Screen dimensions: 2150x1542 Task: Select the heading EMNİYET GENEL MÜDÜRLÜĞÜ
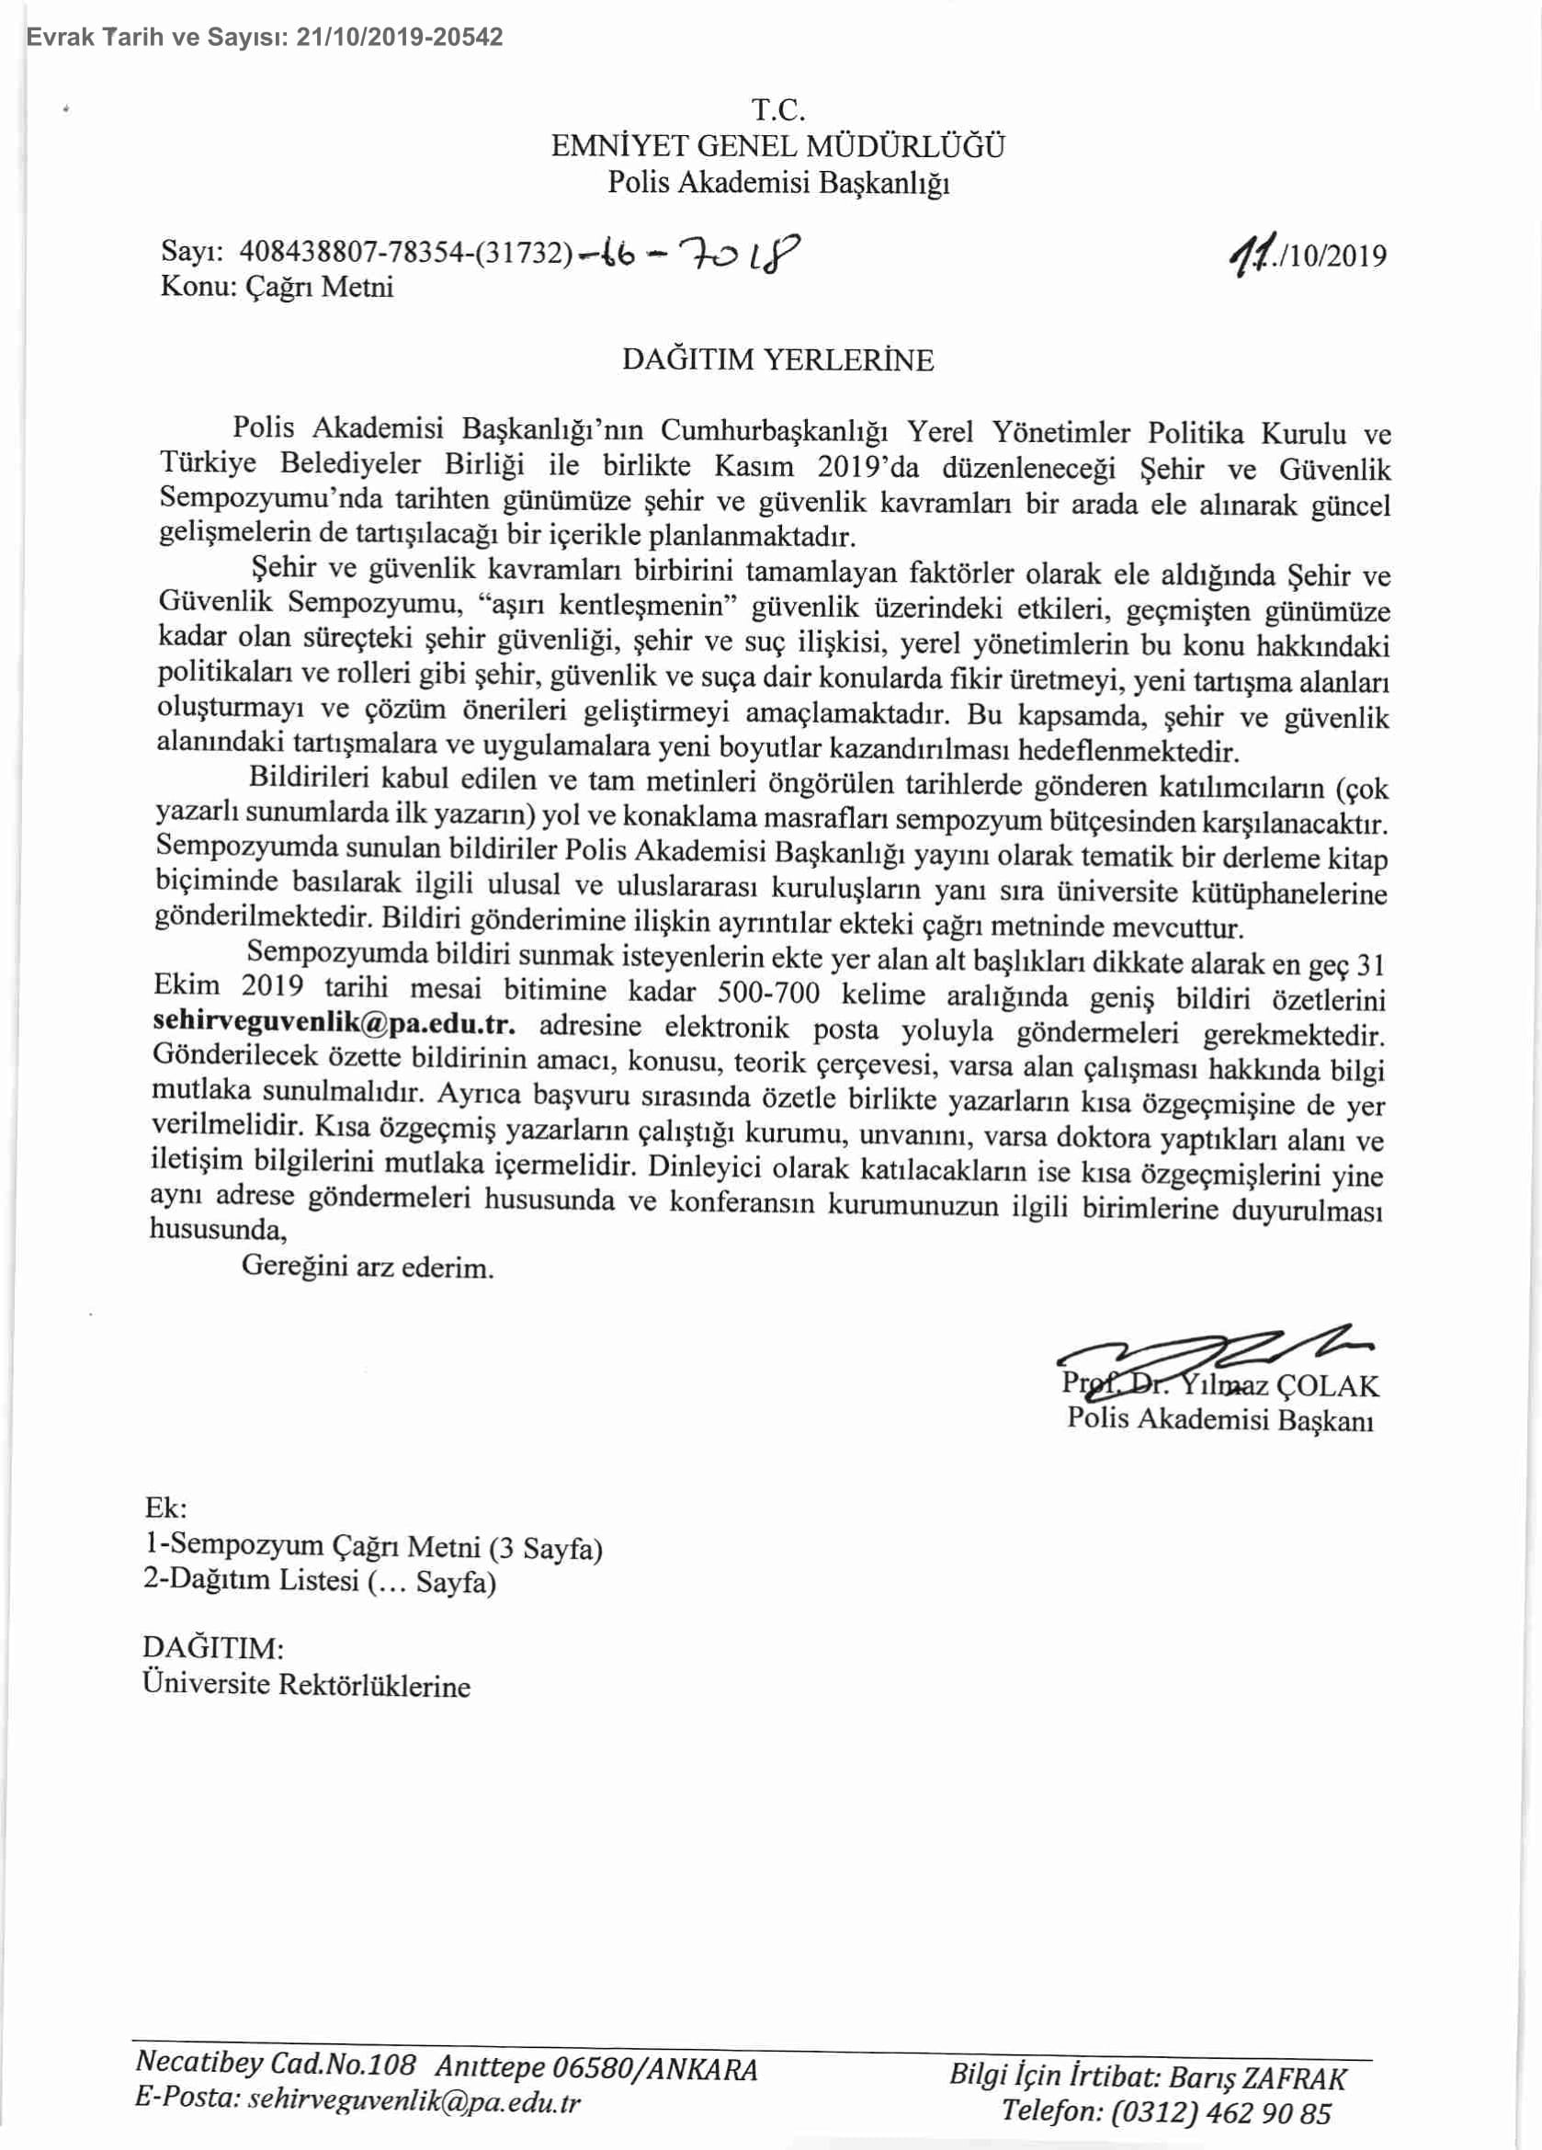pos(778,146)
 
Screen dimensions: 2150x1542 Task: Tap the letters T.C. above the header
pos(778,111)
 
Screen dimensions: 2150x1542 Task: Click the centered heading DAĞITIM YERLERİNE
pos(777,360)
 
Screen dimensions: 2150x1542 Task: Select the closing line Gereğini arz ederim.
pos(368,1267)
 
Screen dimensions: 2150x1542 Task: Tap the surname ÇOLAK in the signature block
pos(1328,1386)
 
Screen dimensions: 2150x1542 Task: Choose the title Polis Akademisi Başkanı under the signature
pos(1219,1419)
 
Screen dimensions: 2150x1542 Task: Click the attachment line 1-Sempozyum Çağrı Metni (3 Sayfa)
pos(373,1546)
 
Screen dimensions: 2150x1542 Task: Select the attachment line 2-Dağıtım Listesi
pos(320,1581)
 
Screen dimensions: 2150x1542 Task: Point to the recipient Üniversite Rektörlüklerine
pos(306,1686)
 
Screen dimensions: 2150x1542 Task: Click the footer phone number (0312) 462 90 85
pos(1221,2114)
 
